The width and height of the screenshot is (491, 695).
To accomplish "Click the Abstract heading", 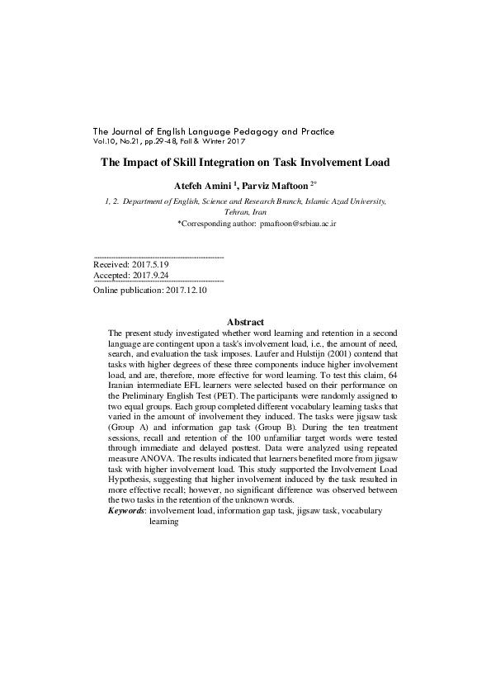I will (x=245, y=322).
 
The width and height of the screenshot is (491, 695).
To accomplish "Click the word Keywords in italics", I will (x=126, y=512).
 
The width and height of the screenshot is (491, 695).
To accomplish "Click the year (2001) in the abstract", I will (x=252, y=354).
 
